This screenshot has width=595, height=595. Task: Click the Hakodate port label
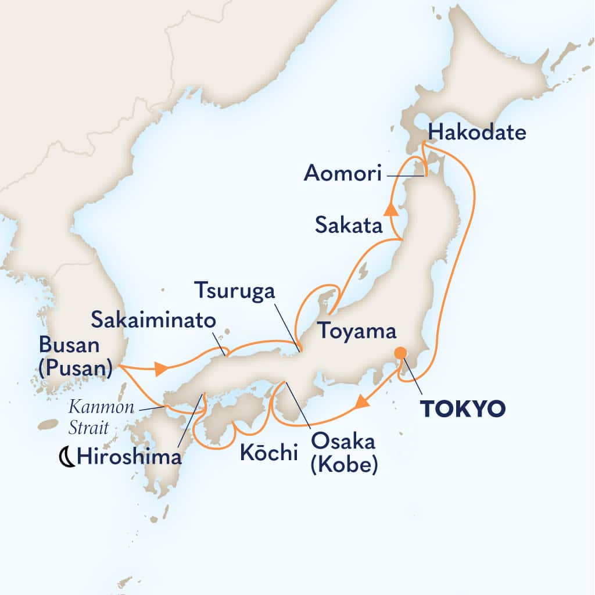click(476, 133)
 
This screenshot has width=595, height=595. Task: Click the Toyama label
click(355, 332)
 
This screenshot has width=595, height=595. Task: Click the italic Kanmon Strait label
click(99, 417)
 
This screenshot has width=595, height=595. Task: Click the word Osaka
click(343, 442)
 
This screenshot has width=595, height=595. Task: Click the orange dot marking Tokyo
click(400, 353)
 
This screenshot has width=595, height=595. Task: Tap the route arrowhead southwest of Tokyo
click(361, 400)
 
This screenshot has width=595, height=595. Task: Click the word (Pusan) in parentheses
click(76, 370)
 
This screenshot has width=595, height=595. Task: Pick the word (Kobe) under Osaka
click(343, 465)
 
